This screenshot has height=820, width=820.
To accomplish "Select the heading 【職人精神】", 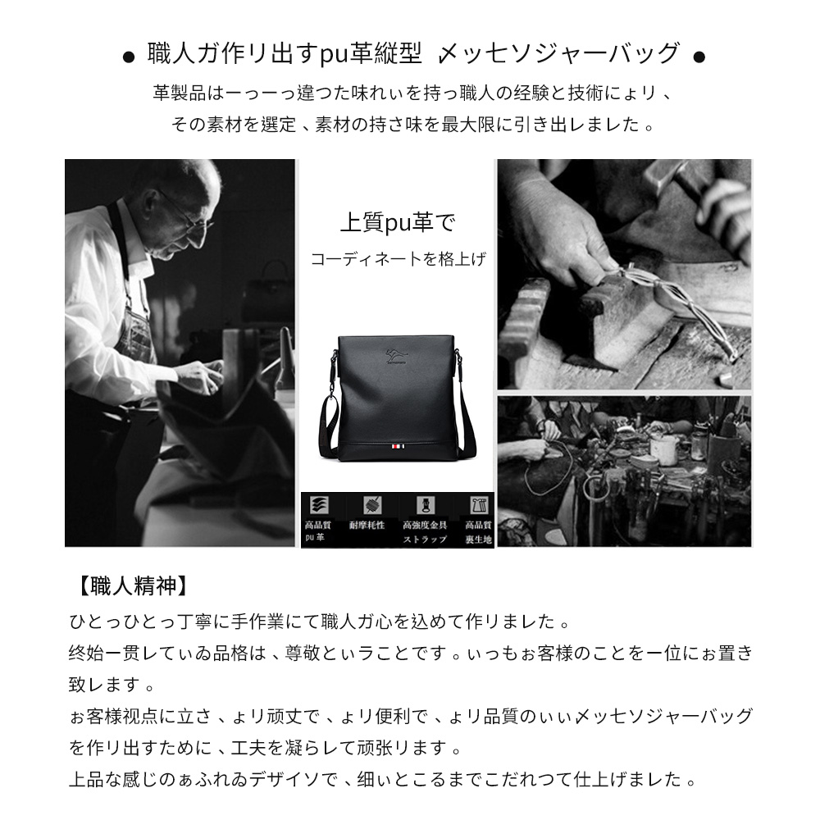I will [x=132, y=586].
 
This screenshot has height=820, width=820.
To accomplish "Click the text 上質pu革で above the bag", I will [x=397, y=222].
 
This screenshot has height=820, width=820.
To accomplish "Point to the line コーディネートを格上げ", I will [x=398, y=260].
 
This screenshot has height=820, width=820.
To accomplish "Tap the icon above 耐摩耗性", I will [x=367, y=505].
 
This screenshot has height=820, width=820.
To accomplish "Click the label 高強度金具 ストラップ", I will [x=424, y=531].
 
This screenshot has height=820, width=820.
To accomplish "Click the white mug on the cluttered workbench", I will [x=663, y=448].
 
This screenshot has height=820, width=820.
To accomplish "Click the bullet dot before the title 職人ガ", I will [x=128, y=57].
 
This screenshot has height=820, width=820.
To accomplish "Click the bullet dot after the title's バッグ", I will [x=699, y=57].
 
